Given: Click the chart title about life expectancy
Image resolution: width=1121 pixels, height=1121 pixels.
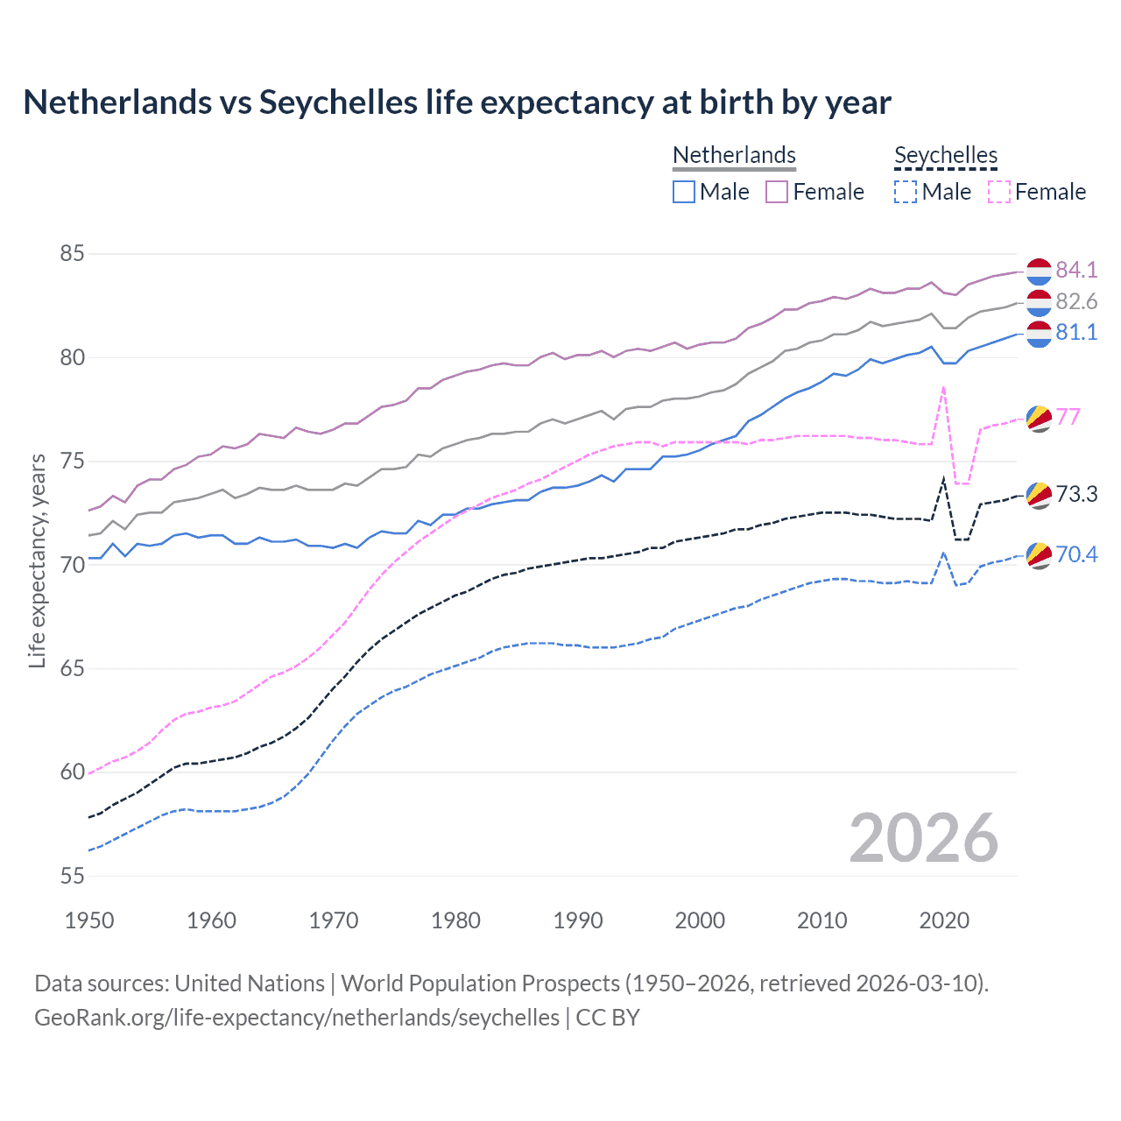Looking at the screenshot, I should point(456,102).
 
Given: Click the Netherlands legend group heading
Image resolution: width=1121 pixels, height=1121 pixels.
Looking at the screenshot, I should point(734,155).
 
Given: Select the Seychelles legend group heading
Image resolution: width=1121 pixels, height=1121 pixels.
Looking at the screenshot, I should point(946,155).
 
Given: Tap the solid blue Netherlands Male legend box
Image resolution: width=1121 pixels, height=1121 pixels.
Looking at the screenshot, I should point(684,192).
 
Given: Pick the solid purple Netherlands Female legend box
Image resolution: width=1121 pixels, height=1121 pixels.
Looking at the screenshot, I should point(777,192).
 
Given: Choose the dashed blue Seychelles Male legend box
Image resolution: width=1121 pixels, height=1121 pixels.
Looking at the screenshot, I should point(906,192).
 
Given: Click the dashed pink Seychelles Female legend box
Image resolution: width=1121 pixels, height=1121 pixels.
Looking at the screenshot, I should point(999,192).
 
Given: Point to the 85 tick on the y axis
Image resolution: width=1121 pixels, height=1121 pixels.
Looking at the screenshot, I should point(72,254).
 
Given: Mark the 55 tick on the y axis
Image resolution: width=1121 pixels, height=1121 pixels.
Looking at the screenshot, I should point(72,876).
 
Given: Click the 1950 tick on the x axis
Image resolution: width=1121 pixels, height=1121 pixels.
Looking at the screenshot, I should point(89,920).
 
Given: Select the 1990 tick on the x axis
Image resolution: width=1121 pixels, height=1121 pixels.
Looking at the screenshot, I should point(578,920).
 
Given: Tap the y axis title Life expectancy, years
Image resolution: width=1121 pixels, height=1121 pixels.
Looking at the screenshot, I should point(38,560).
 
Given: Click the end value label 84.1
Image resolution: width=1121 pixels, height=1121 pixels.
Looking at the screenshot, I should point(1076,270).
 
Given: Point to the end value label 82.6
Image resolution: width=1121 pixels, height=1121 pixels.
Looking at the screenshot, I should point(1076,301).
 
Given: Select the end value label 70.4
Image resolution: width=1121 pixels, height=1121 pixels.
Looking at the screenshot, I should point(1076,554).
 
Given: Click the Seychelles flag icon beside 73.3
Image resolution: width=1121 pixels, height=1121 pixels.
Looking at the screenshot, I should point(1039,495).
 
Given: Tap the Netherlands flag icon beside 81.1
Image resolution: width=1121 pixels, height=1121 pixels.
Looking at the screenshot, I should point(1039,333).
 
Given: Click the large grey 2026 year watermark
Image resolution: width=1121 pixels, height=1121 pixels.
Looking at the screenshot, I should point(924,838).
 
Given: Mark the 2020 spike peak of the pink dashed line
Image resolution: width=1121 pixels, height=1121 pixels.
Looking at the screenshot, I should point(943,387).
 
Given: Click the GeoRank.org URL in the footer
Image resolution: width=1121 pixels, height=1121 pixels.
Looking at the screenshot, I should point(297,1018).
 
